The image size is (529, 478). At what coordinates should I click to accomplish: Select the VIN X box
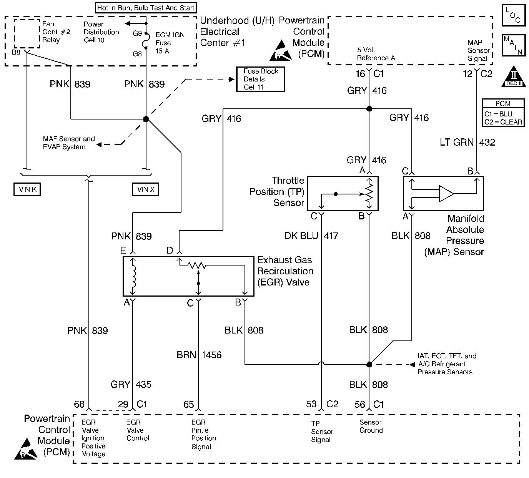point(145,189)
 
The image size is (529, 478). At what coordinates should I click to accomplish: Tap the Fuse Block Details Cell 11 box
point(261,79)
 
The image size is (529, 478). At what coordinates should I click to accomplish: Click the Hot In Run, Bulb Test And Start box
point(146,8)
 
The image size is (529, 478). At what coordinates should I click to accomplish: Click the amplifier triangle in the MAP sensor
point(446,193)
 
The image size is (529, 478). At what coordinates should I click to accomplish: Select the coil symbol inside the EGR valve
point(133,277)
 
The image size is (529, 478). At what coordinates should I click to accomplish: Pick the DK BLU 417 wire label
point(311,236)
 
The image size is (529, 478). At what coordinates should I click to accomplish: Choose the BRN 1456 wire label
point(199,355)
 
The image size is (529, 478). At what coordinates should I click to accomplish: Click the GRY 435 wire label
point(131,384)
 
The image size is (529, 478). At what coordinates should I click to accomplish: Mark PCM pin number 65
point(189,404)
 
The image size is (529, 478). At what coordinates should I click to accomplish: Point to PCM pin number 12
point(467,73)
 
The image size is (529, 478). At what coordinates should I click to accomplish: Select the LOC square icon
point(513,15)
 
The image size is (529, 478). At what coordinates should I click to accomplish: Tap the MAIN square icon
point(513,45)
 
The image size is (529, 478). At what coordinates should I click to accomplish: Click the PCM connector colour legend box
point(503,113)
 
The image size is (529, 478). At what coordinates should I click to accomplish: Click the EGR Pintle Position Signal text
point(204,434)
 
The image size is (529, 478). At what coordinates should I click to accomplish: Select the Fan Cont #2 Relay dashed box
point(27,33)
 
